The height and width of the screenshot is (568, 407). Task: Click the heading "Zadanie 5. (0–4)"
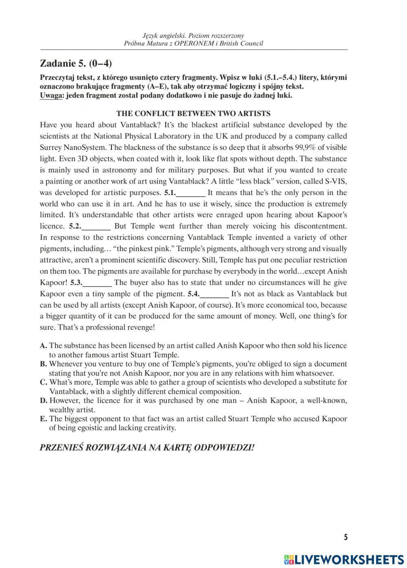tap(76, 63)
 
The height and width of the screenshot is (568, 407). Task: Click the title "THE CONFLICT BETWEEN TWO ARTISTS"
tap(193, 113)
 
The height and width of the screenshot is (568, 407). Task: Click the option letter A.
tap(43, 346)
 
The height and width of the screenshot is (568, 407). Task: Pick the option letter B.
tap(43, 364)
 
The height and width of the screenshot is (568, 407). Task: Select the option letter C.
tap(43, 382)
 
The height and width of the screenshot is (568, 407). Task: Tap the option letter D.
tap(44, 401)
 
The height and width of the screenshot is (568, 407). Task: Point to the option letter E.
tap(43, 419)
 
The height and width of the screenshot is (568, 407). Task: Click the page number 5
tap(346, 538)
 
